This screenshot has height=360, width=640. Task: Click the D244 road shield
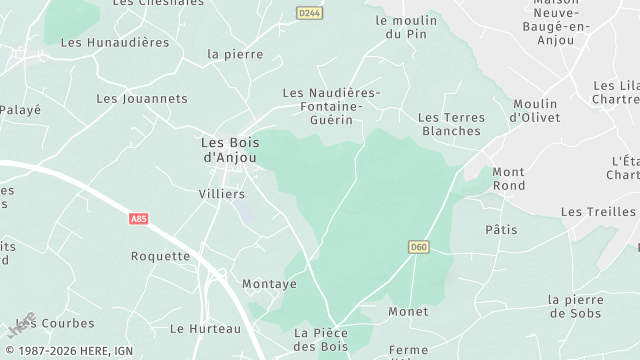click(x=310, y=12)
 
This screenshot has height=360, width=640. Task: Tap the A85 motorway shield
click(x=140, y=217)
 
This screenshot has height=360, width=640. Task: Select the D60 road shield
click(x=419, y=245)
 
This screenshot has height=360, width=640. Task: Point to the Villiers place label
click(x=222, y=194)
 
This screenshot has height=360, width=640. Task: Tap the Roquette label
click(x=160, y=256)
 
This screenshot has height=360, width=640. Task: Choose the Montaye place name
click(x=269, y=284)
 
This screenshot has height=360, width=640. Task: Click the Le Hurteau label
click(x=205, y=328)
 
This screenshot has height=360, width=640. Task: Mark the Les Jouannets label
click(x=142, y=99)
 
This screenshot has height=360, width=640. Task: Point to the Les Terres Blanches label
click(x=451, y=124)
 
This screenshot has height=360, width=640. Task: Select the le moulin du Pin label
click(x=406, y=27)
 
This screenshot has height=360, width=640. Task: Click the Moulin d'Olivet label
click(x=535, y=110)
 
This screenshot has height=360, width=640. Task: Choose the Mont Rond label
click(x=508, y=178)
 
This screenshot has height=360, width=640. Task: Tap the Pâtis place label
click(x=501, y=229)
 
